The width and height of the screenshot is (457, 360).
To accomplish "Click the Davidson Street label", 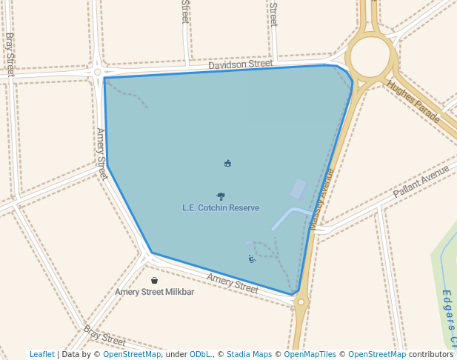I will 240,64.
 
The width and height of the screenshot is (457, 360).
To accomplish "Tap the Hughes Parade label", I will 413,101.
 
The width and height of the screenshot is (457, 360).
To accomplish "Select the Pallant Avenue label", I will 421,181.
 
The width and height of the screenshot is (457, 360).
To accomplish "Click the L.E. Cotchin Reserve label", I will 221,208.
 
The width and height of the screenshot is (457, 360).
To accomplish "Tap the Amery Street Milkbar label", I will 154,292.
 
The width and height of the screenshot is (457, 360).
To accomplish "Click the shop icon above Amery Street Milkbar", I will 154,281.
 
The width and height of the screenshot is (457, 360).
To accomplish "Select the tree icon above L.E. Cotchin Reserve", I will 221,196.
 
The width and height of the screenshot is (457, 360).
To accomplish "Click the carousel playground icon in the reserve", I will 227,163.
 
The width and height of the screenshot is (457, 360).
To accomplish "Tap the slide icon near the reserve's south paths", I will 252,259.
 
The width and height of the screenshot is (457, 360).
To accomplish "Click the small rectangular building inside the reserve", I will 298,189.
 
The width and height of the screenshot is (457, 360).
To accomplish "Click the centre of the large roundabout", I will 370,56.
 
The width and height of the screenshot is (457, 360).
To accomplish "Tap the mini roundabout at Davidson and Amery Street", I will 98,72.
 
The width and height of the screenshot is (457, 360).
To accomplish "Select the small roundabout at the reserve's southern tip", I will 301,301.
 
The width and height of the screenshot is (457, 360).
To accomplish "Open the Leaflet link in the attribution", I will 42,354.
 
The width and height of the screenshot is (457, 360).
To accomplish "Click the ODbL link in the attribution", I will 200,354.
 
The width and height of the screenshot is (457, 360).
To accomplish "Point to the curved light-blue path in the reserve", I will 289,216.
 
